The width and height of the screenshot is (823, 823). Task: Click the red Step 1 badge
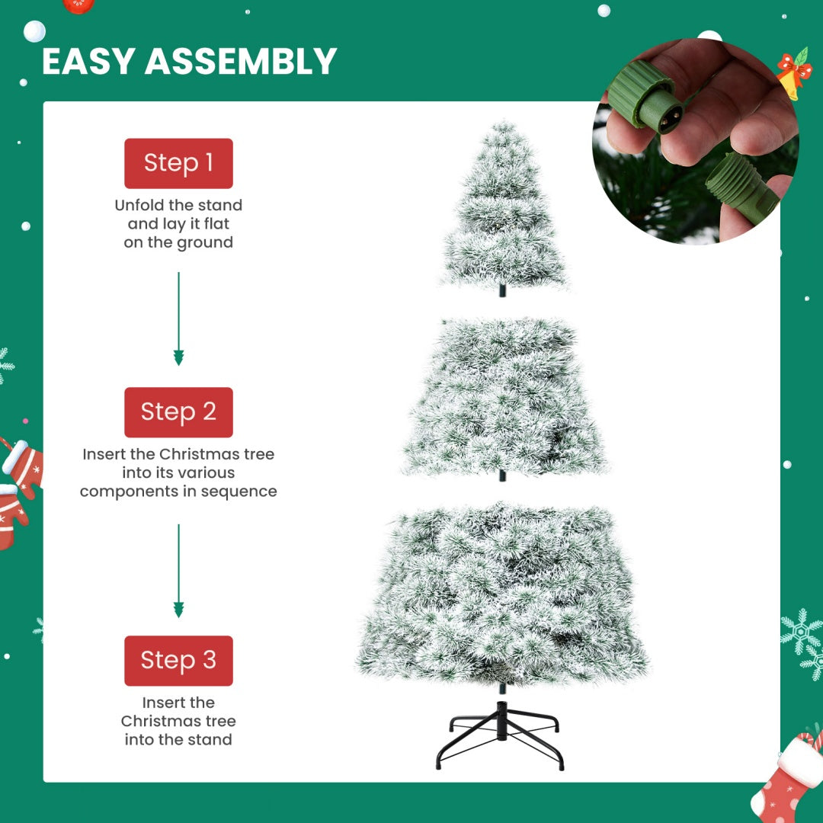(x=178, y=163)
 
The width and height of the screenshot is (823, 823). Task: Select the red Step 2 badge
(x=178, y=412)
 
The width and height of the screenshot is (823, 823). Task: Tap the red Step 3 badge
(x=178, y=661)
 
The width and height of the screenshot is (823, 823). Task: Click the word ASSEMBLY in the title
(x=241, y=62)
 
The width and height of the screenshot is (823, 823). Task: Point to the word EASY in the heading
(x=88, y=62)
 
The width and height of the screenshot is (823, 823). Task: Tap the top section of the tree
(x=504, y=210)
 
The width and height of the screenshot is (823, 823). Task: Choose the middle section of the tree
(x=504, y=396)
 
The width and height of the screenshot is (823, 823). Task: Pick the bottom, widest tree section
(x=502, y=594)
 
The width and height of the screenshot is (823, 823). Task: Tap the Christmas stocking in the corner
(x=785, y=777)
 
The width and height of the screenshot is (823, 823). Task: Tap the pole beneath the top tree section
(x=502, y=290)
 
